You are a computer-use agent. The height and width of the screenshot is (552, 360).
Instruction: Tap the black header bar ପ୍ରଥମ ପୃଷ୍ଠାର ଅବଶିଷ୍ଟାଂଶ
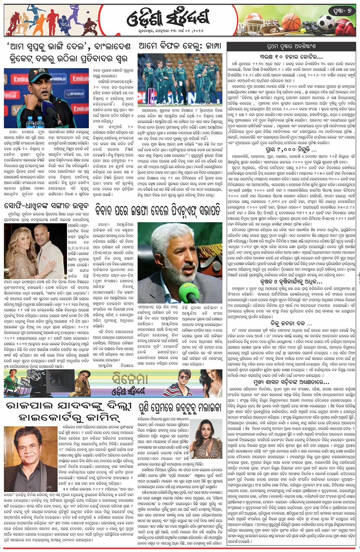(293, 47)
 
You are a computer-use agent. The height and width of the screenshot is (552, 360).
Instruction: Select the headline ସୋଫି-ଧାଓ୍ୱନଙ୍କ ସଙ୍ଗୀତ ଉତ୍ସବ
(48, 206)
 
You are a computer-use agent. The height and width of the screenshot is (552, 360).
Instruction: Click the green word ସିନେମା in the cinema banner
(130, 378)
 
